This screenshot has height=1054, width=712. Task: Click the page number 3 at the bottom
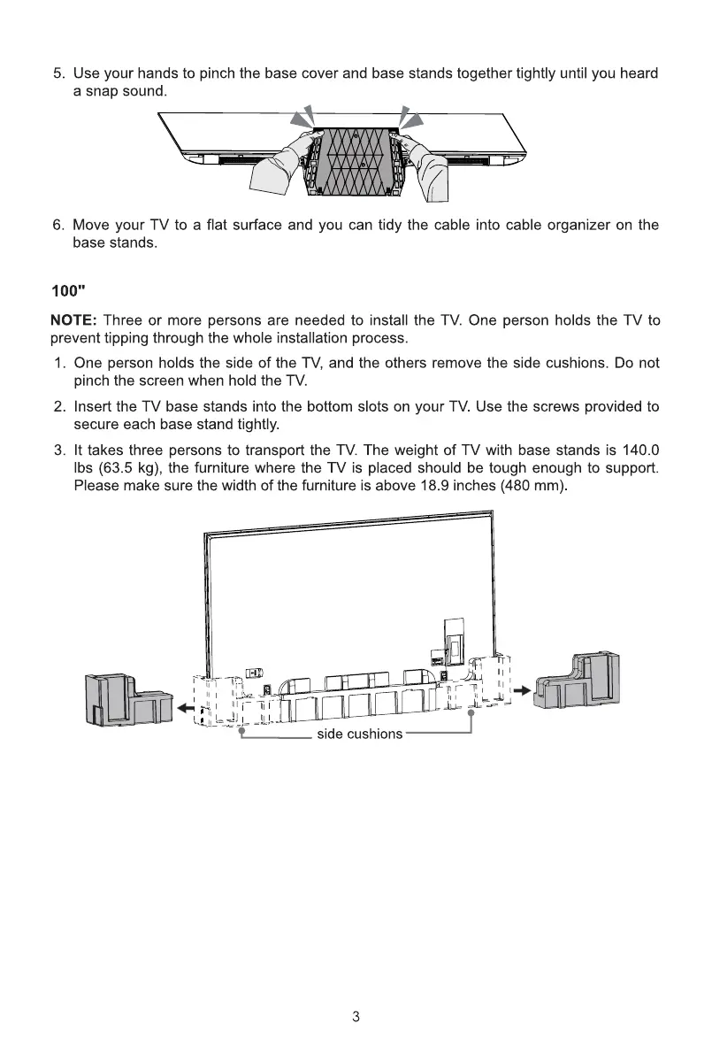tap(356, 1016)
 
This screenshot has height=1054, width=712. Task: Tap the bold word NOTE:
tap(73, 320)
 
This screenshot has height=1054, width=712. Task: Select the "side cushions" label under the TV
tap(359, 734)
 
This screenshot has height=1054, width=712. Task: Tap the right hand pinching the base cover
tap(433, 168)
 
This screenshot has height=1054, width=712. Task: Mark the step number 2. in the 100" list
tap(61, 407)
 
